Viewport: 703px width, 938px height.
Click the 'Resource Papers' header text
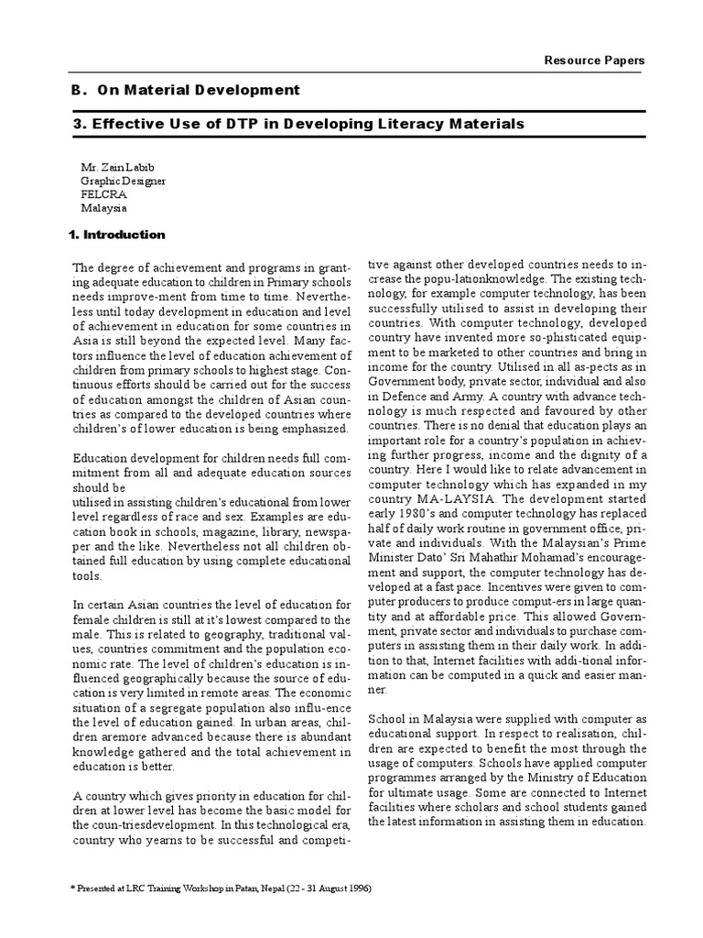pos(595,60)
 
